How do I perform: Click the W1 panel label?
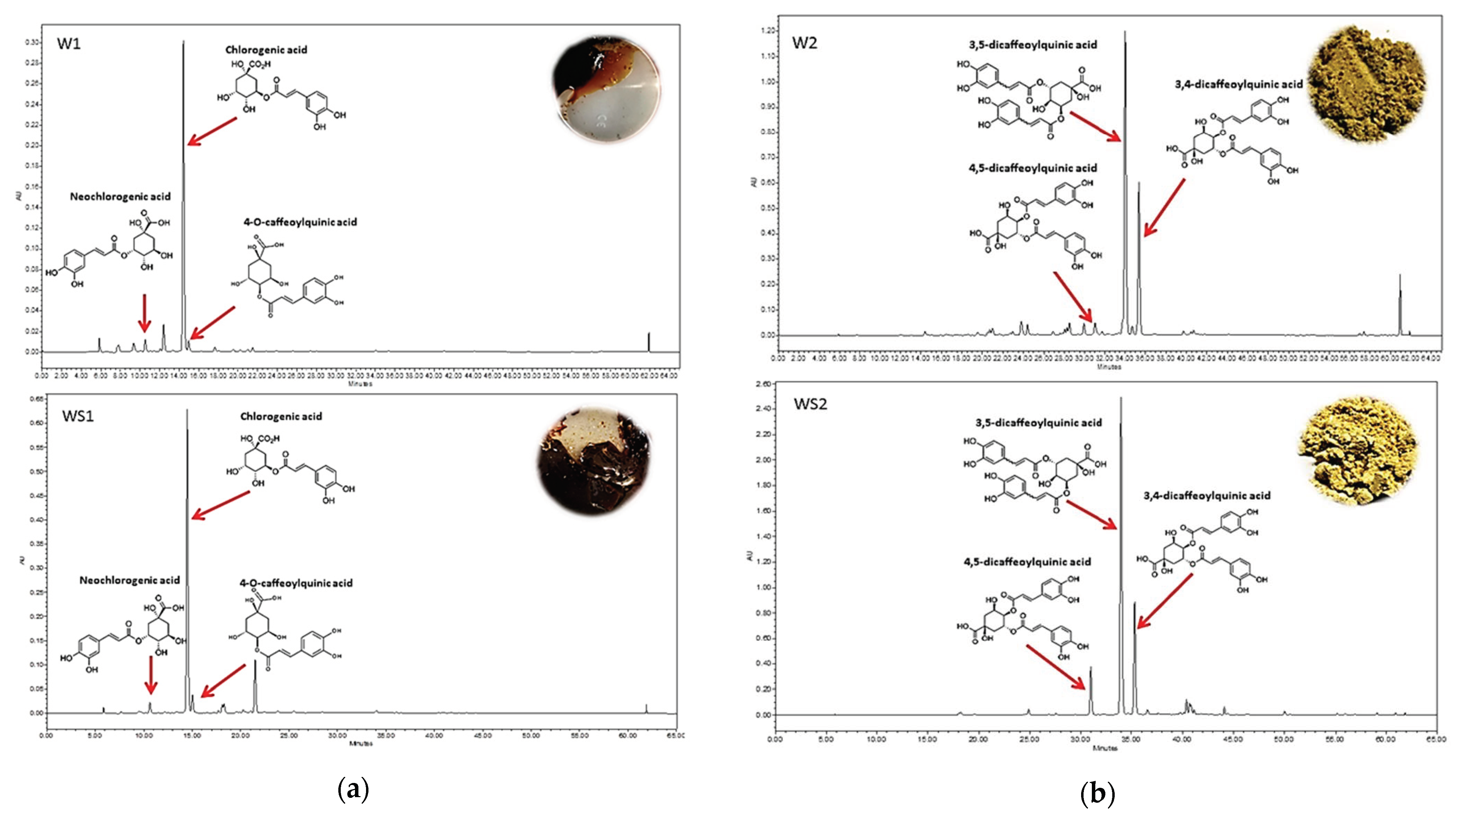69,44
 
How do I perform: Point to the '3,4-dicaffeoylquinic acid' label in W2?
1239,84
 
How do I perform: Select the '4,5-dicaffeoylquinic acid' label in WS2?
1027,561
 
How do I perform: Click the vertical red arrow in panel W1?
145,312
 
